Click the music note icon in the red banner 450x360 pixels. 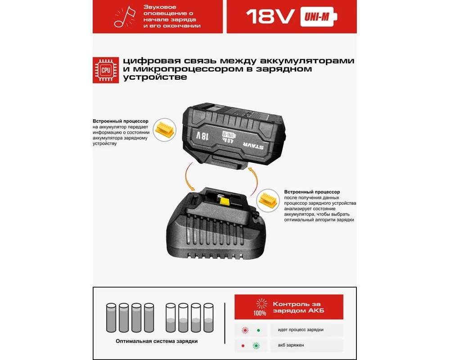pos(125,17)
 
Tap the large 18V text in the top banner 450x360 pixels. pos(270,17)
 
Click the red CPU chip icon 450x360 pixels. pos(106,70)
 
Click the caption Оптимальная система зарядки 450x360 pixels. pos(157,341)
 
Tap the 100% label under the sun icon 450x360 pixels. pos(260,313)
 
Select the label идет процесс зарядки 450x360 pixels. pos(301,330)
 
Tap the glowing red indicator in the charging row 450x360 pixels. pos(245,330)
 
